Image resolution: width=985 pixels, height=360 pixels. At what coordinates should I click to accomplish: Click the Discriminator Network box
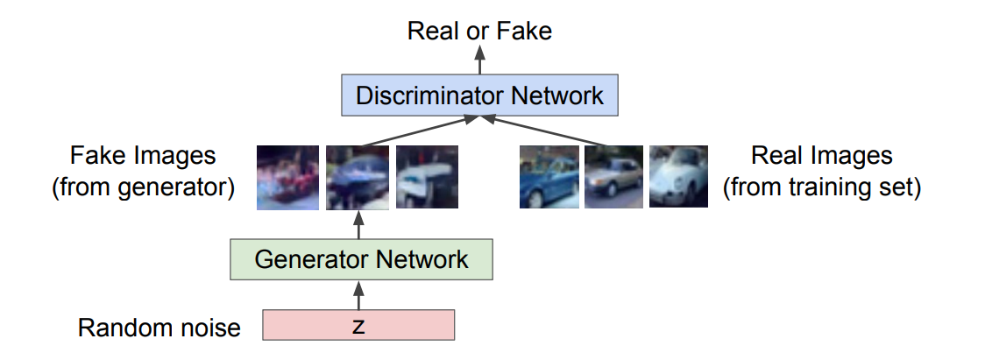point(479,94)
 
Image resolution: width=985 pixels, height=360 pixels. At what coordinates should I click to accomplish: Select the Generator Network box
point(360,260)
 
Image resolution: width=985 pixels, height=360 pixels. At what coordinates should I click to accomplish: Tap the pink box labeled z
point(358,326)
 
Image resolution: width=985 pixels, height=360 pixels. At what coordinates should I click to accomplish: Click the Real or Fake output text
point(479,32)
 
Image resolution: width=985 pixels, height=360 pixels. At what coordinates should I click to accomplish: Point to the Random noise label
point(159,328)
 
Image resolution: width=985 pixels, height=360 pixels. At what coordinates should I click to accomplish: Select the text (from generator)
point(143,188)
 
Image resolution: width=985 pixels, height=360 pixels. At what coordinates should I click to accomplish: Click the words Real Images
point(821,156)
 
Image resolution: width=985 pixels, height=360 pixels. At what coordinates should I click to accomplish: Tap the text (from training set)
point(821,188)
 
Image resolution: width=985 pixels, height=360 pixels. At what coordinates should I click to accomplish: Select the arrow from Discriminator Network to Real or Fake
point(479,60)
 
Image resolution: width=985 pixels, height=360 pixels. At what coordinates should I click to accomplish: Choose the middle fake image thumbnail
point(357,177)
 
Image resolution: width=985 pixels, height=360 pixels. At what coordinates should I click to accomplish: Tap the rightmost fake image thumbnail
point(427,177)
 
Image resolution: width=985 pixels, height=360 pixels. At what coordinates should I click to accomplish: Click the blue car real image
point(549,177)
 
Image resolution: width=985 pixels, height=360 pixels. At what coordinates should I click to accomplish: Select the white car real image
point(678,177)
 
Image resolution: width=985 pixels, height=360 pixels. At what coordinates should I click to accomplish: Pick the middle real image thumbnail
point(613,177)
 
